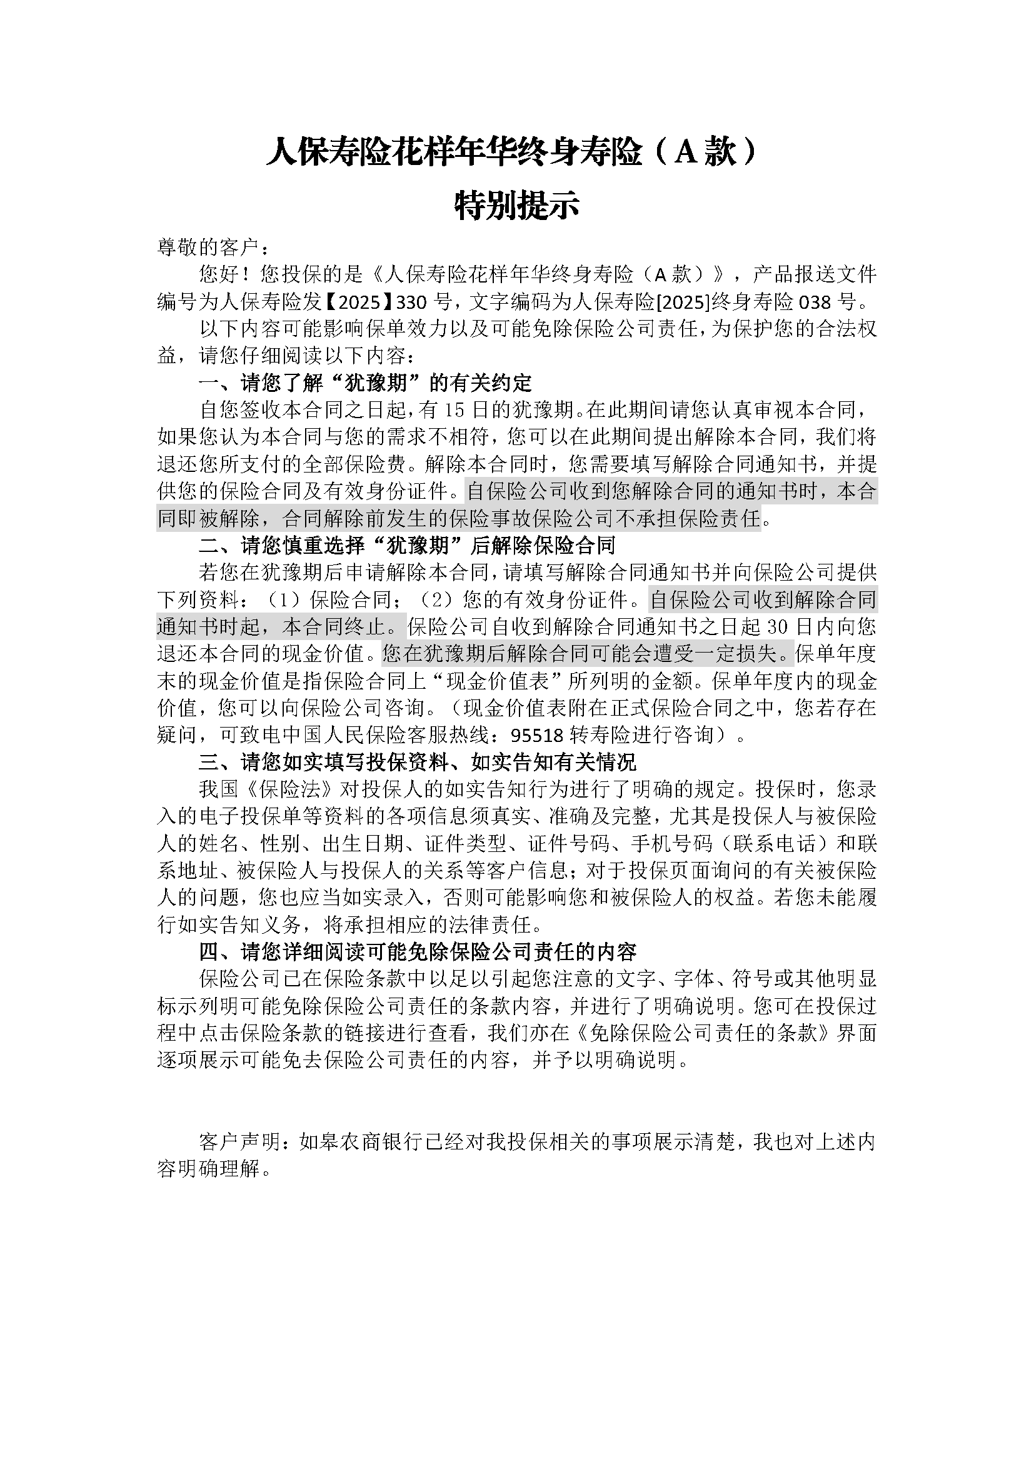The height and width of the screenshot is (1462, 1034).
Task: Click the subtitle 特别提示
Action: [x=516, y=206]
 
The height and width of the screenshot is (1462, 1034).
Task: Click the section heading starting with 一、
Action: [x=366, y=383]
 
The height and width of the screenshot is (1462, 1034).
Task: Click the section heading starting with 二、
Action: [x=408, y=546]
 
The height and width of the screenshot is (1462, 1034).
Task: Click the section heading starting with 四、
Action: [x=418, y=953]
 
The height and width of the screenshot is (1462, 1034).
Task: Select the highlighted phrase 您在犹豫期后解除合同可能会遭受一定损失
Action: [x=587, y=654]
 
